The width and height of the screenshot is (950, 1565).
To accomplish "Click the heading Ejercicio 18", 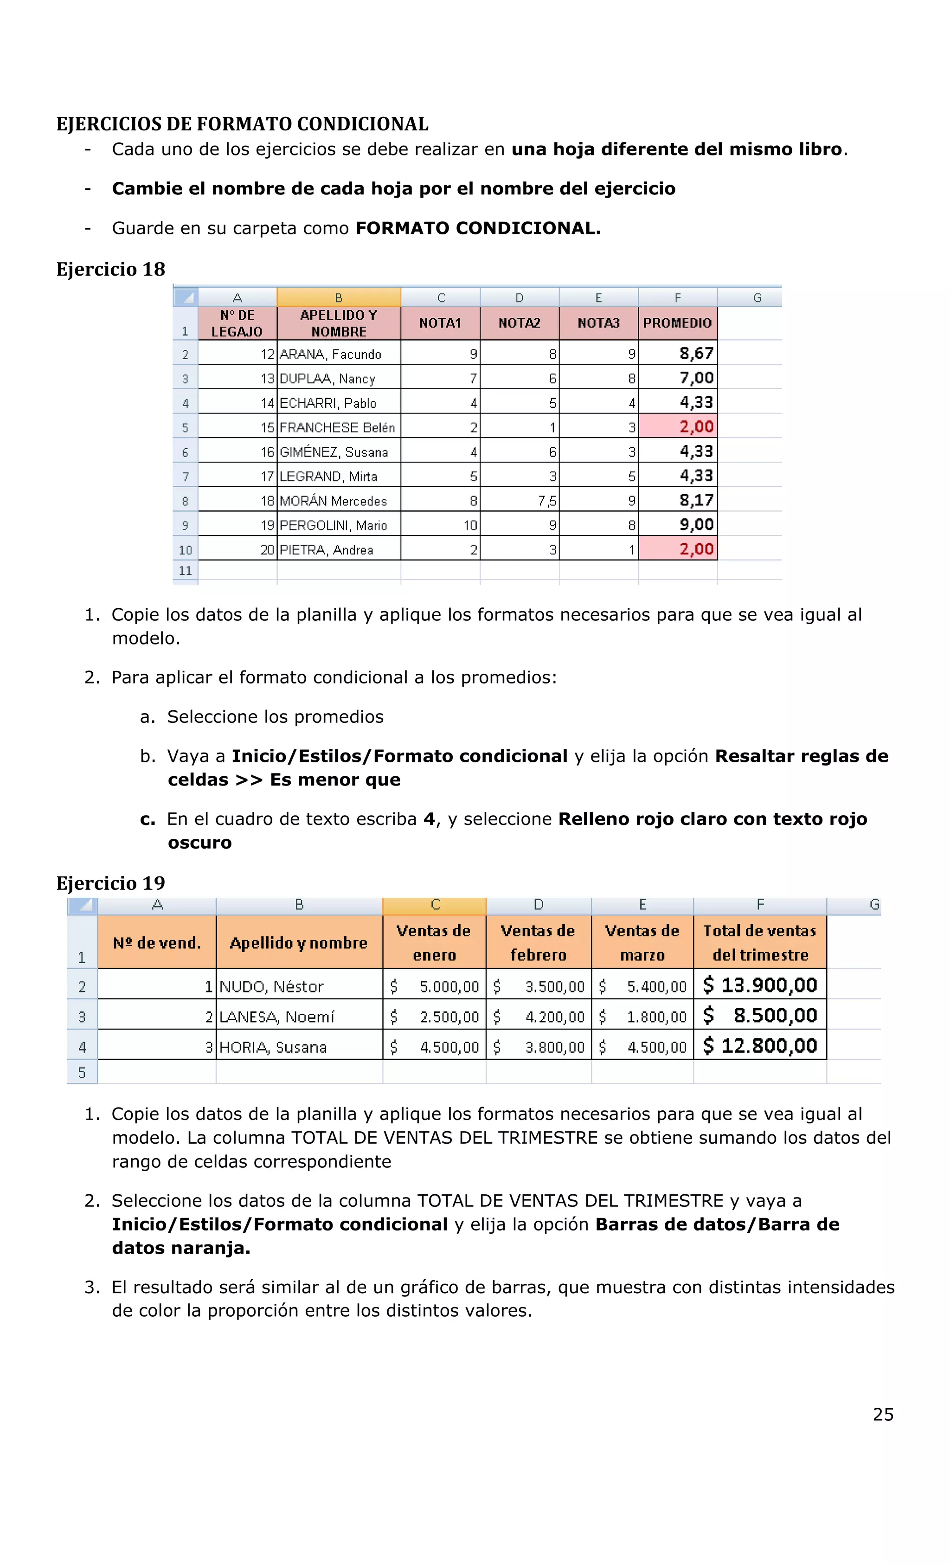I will tap(110, 269).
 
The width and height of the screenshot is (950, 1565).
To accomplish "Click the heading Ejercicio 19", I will tap(110, 883).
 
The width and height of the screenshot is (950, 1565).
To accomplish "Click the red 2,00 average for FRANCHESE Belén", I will tap(678, 426).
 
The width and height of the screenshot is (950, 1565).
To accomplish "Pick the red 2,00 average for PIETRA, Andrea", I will tap(678, 549).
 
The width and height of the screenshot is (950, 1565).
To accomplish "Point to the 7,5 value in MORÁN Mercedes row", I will tap(546, 501).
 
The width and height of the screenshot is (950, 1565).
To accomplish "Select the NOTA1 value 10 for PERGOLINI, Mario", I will tap(469, 525).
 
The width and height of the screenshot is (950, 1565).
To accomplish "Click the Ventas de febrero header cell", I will tap(538, 942).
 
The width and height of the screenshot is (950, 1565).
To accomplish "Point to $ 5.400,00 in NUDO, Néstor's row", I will tap(642, 986).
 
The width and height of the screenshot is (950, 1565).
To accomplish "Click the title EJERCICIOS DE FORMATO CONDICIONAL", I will tap(242, 124).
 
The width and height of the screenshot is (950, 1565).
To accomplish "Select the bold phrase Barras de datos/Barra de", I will tap(716, 1224).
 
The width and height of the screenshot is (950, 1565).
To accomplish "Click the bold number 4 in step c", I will tap(429, 819).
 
